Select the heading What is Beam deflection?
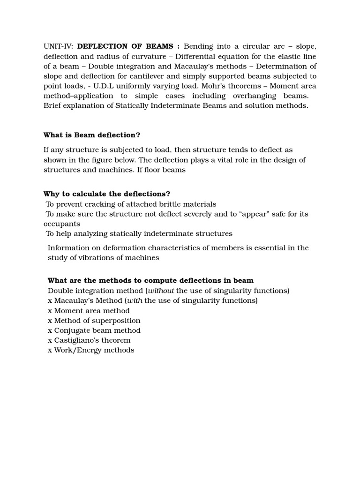pyautogui.click(x=92, y=135)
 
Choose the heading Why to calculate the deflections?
pyautogui.click(x=107, y=194)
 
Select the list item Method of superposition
pyautogui.click(x=97, y=321)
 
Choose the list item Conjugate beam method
pyautogui.click(x=97, y=330)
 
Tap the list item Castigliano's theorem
pyautogui.click(x=92, y=340)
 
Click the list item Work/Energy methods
pyautogui.click(x=94, y=350)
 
